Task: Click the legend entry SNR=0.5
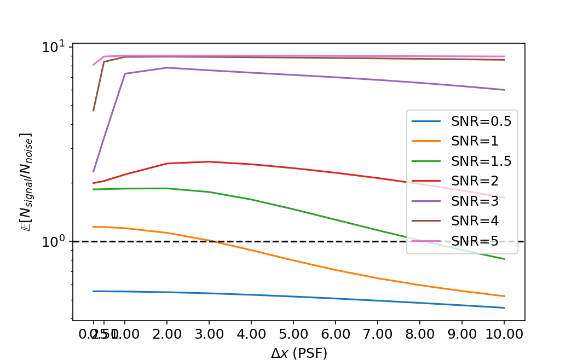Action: tap(481, 121)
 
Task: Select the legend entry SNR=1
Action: tap(474, 141)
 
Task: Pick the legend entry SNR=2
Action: tap(474, 181)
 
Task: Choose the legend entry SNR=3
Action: tap(474, 200)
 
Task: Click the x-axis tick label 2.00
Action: tap(166, 333)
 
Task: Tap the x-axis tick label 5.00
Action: tap(293, 333)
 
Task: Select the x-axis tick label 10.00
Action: tap(504, 333)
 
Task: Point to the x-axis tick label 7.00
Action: tap(377, 333)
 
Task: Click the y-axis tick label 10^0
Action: tap(53, 242)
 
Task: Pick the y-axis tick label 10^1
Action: tap(53, 47)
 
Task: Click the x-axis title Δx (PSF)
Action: tap(299, 353)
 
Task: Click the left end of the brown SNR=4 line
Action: tap(94, 111)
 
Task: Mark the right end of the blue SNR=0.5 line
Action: tap(504, 307)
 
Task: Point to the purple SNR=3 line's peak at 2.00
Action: tap(166, 68)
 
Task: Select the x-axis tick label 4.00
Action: tap(251, 333)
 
